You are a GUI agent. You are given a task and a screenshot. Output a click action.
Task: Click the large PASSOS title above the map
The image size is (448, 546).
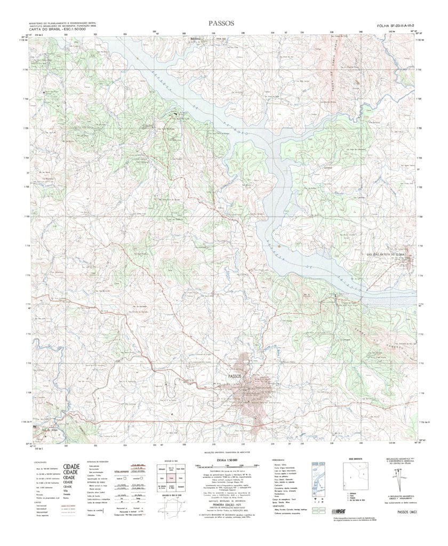223,25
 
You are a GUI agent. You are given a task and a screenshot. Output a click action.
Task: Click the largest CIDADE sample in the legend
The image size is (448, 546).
71,466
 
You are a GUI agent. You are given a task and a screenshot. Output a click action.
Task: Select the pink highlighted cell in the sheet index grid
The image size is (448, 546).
172,479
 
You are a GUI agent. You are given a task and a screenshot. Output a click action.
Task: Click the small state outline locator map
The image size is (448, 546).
174,513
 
